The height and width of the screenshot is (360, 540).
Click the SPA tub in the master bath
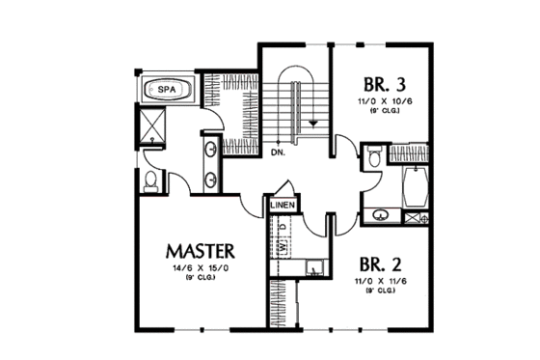pos(167,91)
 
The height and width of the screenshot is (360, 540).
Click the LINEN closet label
pos(283,206)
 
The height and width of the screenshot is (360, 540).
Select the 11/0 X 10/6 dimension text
pos(382,100)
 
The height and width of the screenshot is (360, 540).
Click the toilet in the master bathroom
pos(149,180)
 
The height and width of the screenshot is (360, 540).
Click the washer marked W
pos(283,247)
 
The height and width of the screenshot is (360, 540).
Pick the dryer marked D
pos(283,229)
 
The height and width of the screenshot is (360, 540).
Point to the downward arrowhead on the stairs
pos(313,123)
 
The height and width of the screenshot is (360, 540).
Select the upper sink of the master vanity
pos(210,150)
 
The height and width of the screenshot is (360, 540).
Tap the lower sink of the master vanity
pos(210,178)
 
